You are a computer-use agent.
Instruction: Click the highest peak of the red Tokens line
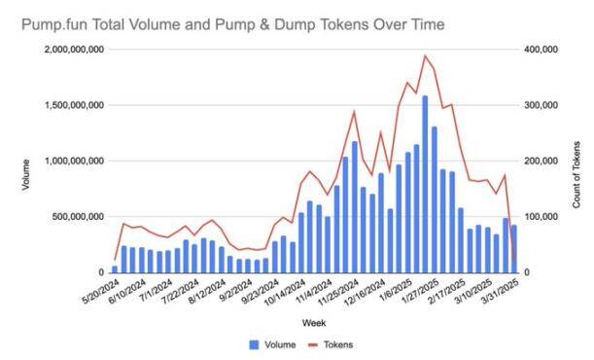pos(425,56)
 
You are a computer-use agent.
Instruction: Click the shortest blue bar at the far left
pos(115,269)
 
